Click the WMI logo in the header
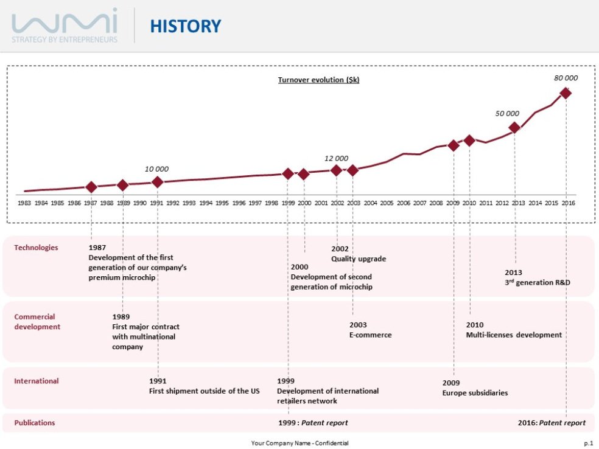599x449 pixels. click(65, 26)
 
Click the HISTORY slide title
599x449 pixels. click(185, 26)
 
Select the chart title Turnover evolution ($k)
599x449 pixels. click(318, 80)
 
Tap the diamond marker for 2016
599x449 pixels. click(566, 93)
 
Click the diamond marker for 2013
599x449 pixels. click(514, 128)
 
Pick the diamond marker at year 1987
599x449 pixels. click(91, 187)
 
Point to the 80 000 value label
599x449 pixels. click(566, 78)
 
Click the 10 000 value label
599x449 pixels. click(156, 169)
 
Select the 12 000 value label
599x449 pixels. click(336, 158)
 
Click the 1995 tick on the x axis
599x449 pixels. click(222, 203)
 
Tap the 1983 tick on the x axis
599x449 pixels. click(24, 203)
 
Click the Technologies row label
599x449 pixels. click(36, 248)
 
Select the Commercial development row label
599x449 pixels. click(37, 322)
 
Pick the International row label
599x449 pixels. click(36, 381)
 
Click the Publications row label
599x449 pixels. click(34, 423)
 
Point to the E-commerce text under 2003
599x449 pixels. click(370, 335)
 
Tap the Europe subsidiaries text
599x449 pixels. click(474, 393)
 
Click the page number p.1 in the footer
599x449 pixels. click(587, 443)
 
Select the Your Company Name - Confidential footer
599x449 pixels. click(299, 443)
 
